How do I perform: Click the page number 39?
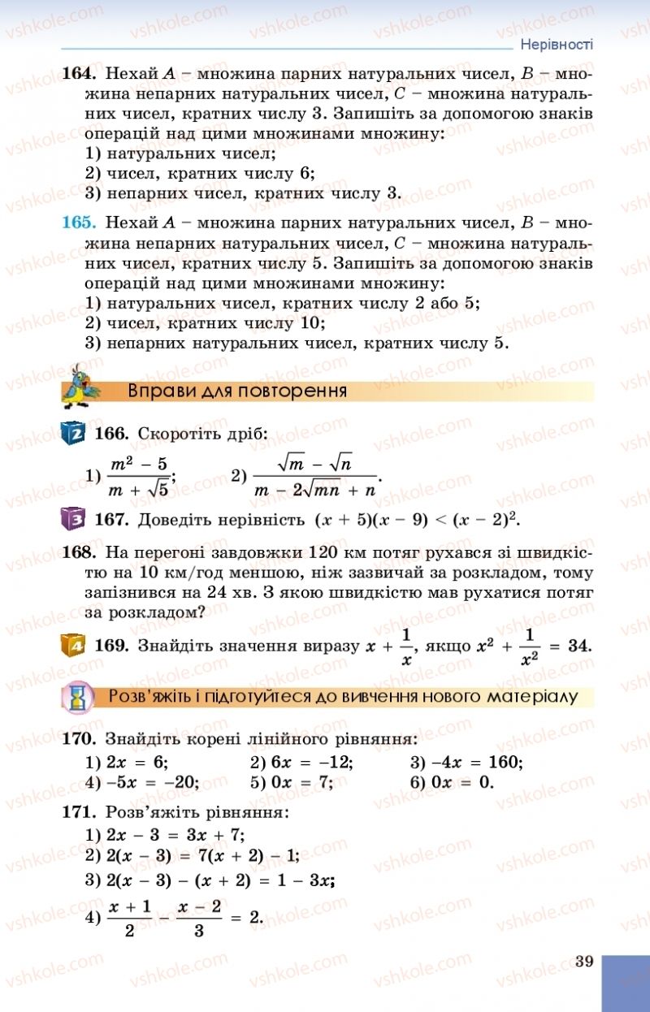pos(583,962)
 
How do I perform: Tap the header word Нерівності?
pos(557,44)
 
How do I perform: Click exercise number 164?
pos(79,74)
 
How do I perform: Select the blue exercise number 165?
pos(79,223)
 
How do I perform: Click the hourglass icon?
pos(79,695)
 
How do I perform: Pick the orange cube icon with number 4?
pos(73,647)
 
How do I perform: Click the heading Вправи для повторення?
pos(237,391)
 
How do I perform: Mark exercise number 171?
pos(79,812)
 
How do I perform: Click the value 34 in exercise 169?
pos(578,647)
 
